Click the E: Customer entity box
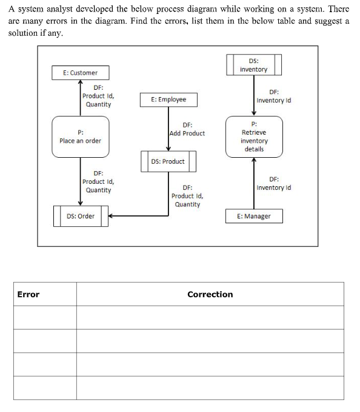[80, 73]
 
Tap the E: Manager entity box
[254, 216]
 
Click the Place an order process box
[80, 137]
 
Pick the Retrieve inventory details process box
[253, 137]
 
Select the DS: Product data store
[168, 161]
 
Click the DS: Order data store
[81, 216]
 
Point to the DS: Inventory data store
[253, 65]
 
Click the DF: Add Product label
[187, 129]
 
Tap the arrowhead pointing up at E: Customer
[80, 84]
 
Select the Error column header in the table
[28, 294]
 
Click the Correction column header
[210, 294]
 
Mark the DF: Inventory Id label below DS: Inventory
[273, 96]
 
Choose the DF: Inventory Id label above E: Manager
[273, 183]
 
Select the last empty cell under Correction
[210, 388]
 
